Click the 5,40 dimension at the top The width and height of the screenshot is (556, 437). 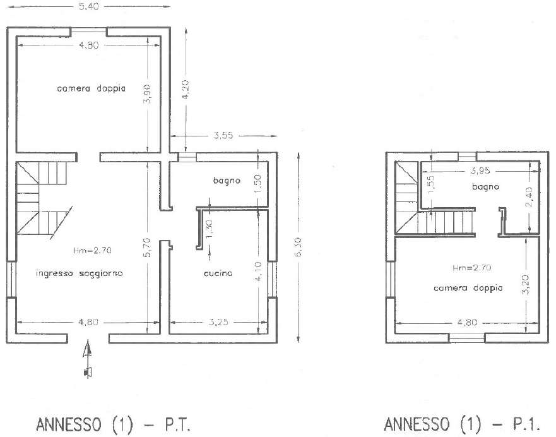coord(88,6)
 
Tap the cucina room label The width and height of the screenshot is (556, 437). coord(218,273)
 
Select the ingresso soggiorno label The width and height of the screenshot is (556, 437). coord(80,273)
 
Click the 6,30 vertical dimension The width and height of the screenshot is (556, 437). coord(298,247)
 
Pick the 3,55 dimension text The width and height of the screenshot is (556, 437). coord(223,135)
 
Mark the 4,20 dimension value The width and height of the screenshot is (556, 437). coord(186,90)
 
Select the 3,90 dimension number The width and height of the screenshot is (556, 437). coord(148,93)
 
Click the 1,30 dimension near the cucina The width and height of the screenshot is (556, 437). coord(209,229)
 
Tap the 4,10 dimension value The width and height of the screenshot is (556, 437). coord(258,272)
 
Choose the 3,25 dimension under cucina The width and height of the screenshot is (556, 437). coord(218,322)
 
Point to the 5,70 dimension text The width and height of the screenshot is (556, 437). coord(148,247)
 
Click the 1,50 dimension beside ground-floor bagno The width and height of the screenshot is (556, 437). coord(258,184)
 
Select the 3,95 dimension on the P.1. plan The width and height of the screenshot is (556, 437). coord(480,171)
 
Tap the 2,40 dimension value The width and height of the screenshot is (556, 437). coord(528,197)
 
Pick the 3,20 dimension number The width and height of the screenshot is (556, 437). coord(526,284)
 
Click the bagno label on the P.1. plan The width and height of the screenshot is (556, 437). coord(485,186)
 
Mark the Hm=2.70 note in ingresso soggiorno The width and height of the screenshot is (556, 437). coord(92,251)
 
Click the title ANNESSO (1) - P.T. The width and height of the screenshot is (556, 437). coord(114,424)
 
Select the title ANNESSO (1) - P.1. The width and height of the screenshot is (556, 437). coord(462,424)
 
